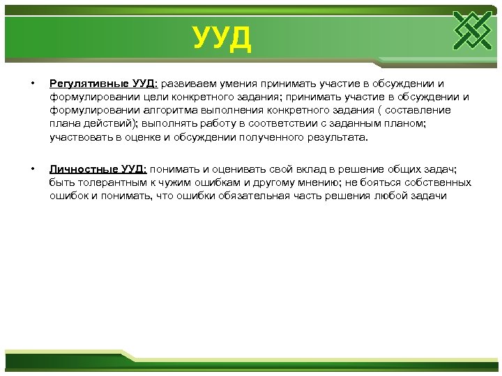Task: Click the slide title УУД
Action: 222,39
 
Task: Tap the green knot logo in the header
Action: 472,31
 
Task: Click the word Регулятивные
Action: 84,84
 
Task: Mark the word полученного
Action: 261,137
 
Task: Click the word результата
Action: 330,137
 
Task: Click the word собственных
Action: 438,182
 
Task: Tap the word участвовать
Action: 78,137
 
